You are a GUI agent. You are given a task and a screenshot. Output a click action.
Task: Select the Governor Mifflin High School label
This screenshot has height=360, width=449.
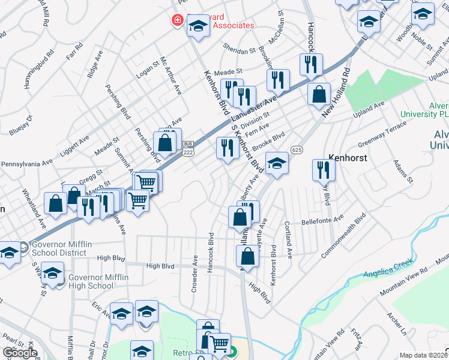point(91,281)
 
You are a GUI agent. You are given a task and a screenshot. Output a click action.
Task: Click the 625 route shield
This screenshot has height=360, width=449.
point(295,148)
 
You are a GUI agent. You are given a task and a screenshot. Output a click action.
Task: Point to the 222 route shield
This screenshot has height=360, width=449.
point(188,149)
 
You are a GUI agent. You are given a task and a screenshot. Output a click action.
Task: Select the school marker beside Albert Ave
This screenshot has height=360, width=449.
point(276,164)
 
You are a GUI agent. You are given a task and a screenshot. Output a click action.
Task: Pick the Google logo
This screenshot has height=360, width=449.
point(20,353)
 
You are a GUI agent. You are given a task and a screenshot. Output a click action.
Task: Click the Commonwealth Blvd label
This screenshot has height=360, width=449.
point(343,235)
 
